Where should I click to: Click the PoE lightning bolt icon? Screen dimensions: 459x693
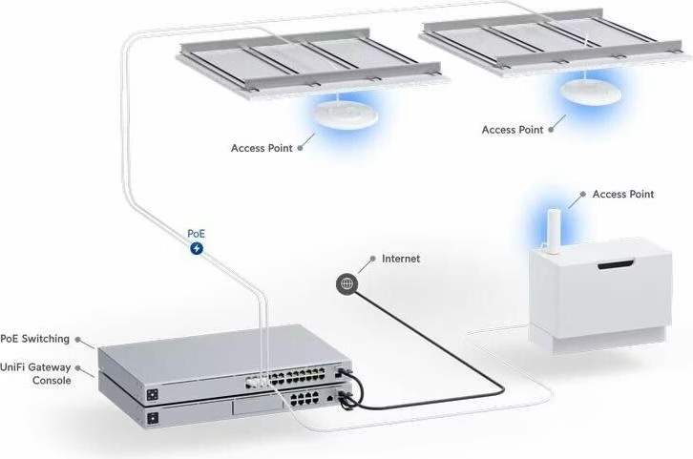pos(197,249)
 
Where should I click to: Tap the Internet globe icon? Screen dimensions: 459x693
pos(346,282)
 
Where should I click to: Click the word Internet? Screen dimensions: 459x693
pos(401,259)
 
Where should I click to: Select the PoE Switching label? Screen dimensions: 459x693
pos(34,339)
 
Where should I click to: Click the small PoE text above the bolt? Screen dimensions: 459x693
pos(196,233)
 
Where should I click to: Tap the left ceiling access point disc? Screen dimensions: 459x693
pos(340,113)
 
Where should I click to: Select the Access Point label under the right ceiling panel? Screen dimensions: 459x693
pos(512,130)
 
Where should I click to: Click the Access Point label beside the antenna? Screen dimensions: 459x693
pos(622,195)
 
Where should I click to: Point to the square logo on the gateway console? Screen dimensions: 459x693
pos(152,418)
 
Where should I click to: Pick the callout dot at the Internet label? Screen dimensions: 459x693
pos(372,259)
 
